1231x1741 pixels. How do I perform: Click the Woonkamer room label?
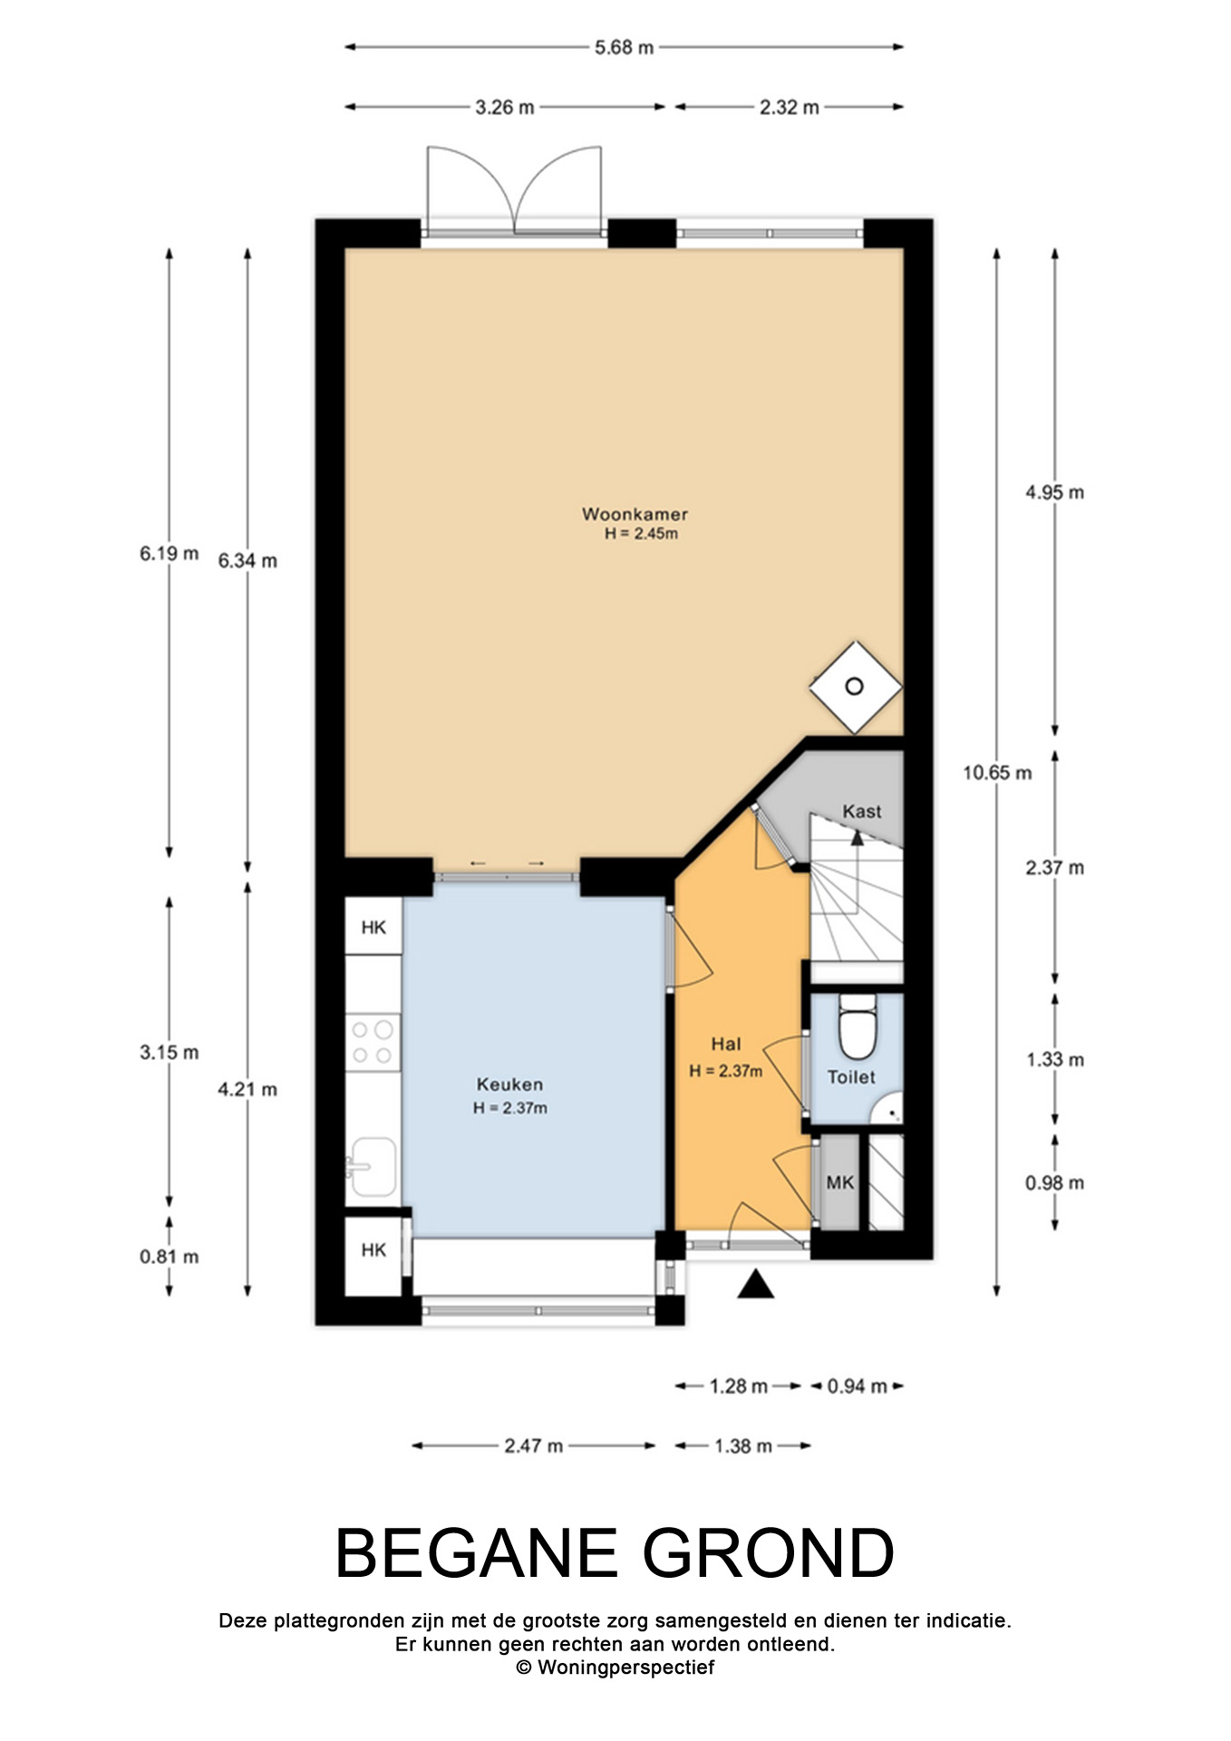[635, 514]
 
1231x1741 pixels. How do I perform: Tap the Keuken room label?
[509, 1084]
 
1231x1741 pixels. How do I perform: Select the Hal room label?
[726, 1045]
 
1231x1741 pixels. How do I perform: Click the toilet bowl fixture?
[857, 1027]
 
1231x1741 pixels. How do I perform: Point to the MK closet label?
[839, 1182]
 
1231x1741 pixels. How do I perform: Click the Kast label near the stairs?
[861, 812]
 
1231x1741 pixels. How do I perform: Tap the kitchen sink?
[373, 1167]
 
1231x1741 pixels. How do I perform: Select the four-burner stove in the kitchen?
[373, 1042]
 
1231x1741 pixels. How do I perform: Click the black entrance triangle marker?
[755, 1285]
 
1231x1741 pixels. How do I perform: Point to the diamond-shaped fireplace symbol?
[855, 686]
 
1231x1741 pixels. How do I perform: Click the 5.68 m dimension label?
[624, 47]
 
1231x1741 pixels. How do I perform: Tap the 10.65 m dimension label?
[997, 773]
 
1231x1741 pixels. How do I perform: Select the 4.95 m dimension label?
[1054, 492]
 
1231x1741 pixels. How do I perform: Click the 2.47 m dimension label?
[534, 1445]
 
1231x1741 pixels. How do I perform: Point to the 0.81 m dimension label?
[170, 1257]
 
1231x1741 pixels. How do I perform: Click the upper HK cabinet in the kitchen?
[373, 927]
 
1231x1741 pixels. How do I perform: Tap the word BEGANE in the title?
[477, 1553]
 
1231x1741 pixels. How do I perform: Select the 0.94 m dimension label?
[857, 1386]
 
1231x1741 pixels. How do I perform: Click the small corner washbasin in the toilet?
[892, 1108]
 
